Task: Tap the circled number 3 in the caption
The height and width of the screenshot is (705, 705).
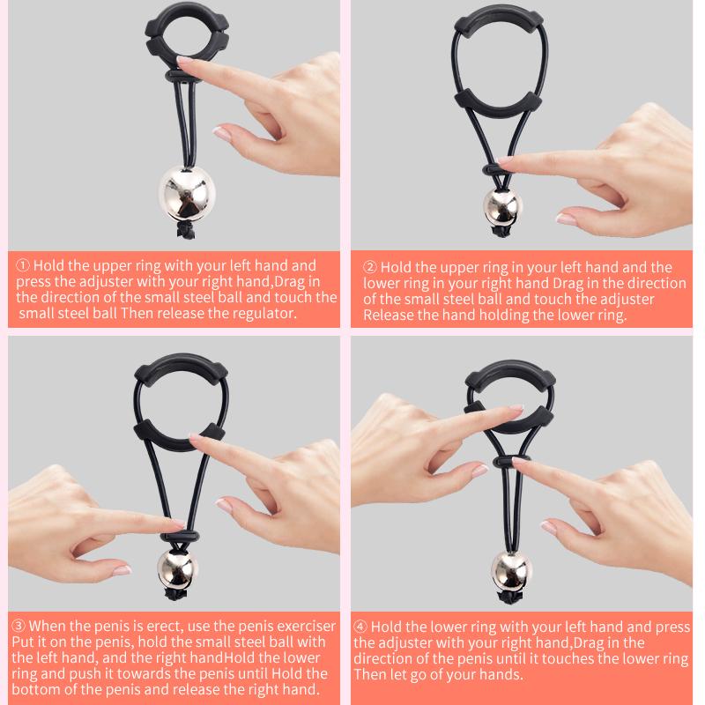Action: (19, 626)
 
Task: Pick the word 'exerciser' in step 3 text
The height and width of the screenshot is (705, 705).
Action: (304, 627)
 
